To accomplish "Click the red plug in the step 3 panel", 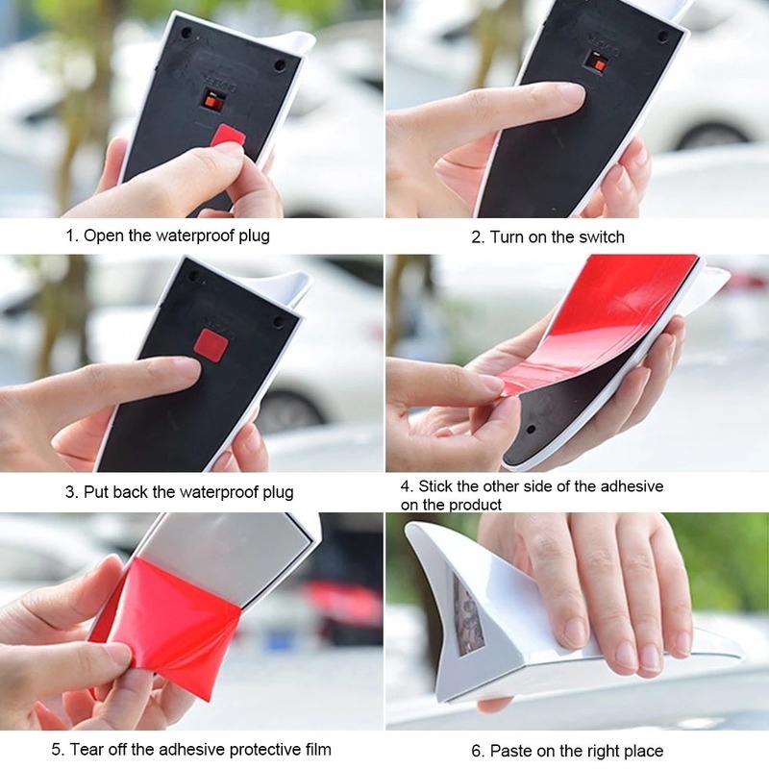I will [210, 341].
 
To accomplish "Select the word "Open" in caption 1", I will [103, 236].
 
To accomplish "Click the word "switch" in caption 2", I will [601, 236].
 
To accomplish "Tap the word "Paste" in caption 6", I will [511, 750].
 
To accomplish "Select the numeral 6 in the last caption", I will [477, 750].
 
